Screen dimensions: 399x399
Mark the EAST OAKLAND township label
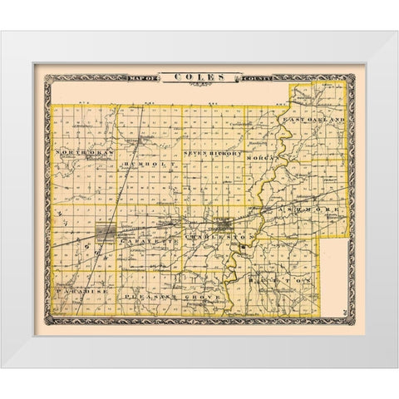312,121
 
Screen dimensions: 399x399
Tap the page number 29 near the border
342,307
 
